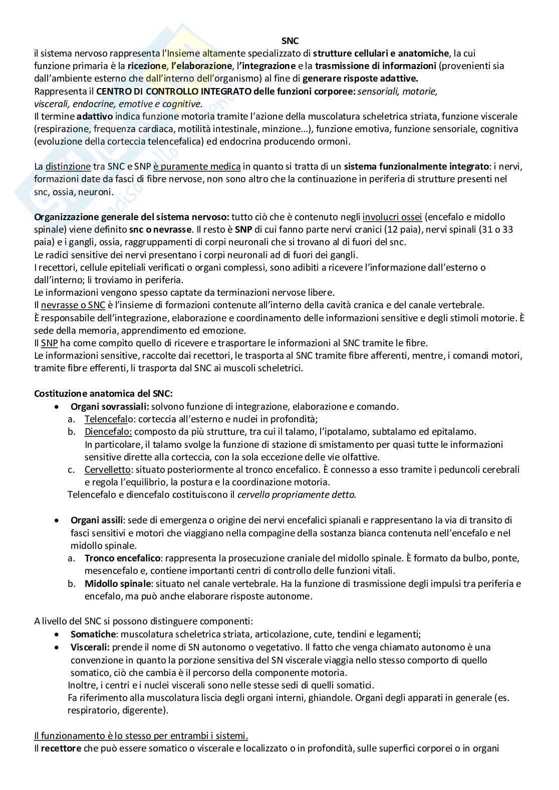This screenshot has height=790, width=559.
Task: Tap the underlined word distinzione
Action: (x=68, y=167)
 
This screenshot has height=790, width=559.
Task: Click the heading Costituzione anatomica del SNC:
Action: (x=103, y=394)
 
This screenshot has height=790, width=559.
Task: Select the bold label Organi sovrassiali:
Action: (x=109, y=407)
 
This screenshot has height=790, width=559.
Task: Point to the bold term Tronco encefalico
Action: (x=123, y=558)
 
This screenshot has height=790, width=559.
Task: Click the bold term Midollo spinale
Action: (x=118, y=583)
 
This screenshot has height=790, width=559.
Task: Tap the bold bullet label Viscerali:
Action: (x=90, y=647)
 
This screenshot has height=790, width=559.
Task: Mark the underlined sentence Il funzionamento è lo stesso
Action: (x=141, y=736)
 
